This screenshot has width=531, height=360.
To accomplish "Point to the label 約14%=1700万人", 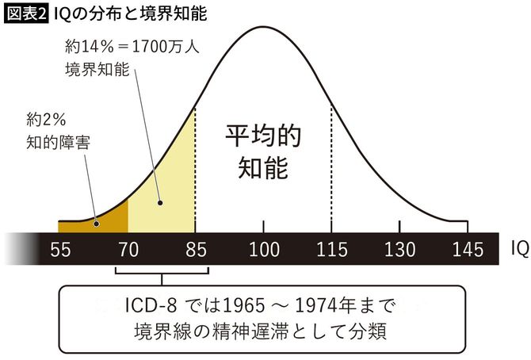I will (x=131, y=45).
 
